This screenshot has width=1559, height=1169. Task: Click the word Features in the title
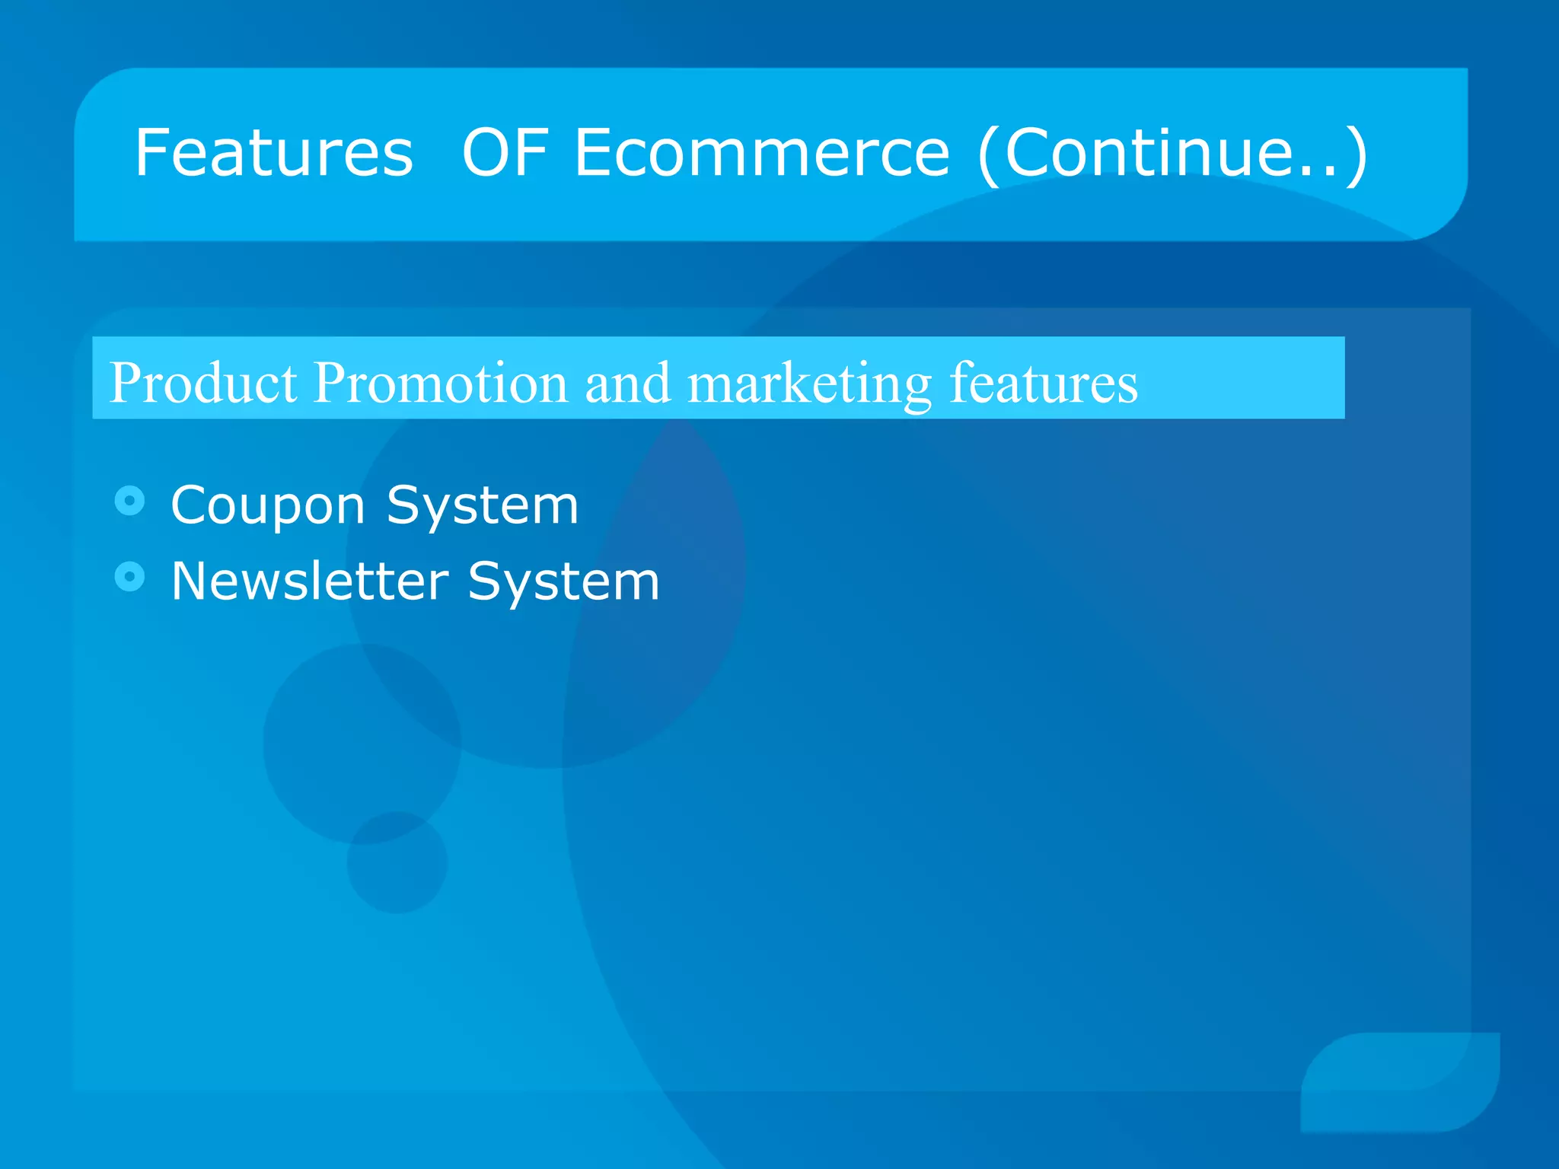(x=274, y=153)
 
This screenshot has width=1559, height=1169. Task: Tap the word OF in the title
(x=505, y=153)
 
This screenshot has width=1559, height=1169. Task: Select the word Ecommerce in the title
(x=762, y=153)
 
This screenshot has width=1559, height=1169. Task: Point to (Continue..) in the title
(x=1173, y=154)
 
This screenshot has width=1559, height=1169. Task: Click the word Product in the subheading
(x=202, y=382)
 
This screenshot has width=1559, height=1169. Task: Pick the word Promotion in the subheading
(x=440, y=382)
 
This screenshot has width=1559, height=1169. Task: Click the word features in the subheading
(x=1044, y=382)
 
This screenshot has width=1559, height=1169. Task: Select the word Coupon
(x=268, y=505)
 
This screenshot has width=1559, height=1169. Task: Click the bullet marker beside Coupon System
(x=129, y=501)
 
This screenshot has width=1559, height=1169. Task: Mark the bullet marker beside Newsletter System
(x=129, y=577)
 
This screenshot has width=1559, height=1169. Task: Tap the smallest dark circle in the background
(x=397, y=863)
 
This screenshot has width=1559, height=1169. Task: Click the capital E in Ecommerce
(x=593, y=153)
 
